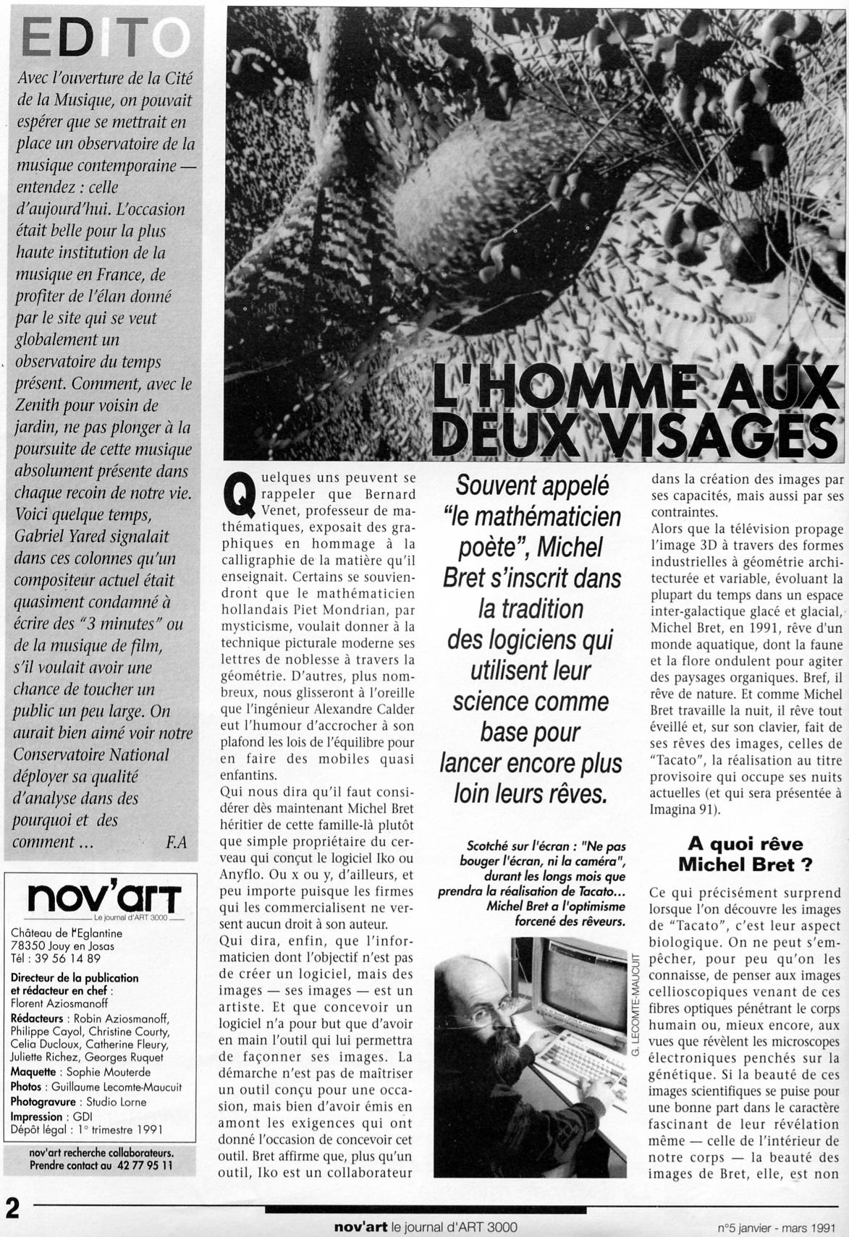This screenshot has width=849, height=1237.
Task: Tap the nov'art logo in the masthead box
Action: (x=104, y=898)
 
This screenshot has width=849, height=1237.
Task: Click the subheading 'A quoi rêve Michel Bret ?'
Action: (x=739, y=854)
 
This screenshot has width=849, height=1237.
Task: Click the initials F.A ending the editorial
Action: (x=176, y=842)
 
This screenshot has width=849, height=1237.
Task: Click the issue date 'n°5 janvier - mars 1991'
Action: (x=777, y=1228)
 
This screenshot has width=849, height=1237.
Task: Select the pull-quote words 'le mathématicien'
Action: (x=532, y=517)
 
